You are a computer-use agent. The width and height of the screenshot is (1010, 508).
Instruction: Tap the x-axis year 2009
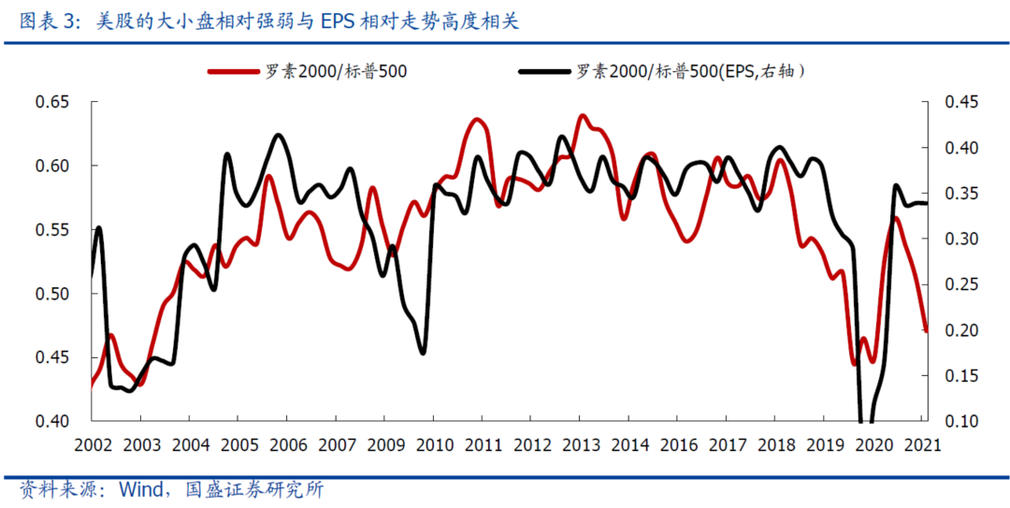pyautogui.click(x=385, y=444)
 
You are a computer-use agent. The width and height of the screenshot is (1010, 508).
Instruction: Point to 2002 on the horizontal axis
pyautogui.click(x=93, y=444)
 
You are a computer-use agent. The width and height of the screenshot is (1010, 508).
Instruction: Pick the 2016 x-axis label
pyautogui.click(x=677, y=444)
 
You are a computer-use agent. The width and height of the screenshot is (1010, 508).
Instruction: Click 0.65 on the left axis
pyautogui.click(x=52, y=102)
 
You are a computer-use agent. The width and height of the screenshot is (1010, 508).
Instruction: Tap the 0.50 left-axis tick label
pyautogui.click(x=52, y=294)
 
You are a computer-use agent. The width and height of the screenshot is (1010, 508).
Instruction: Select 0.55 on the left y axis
pyautogui.click(x=52, y=230)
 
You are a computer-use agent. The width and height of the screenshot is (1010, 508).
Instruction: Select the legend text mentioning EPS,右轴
pyautogui.click(x=690, y=71)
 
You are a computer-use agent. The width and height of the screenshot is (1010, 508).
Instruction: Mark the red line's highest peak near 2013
pyautogui.click(x=583, y=116)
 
